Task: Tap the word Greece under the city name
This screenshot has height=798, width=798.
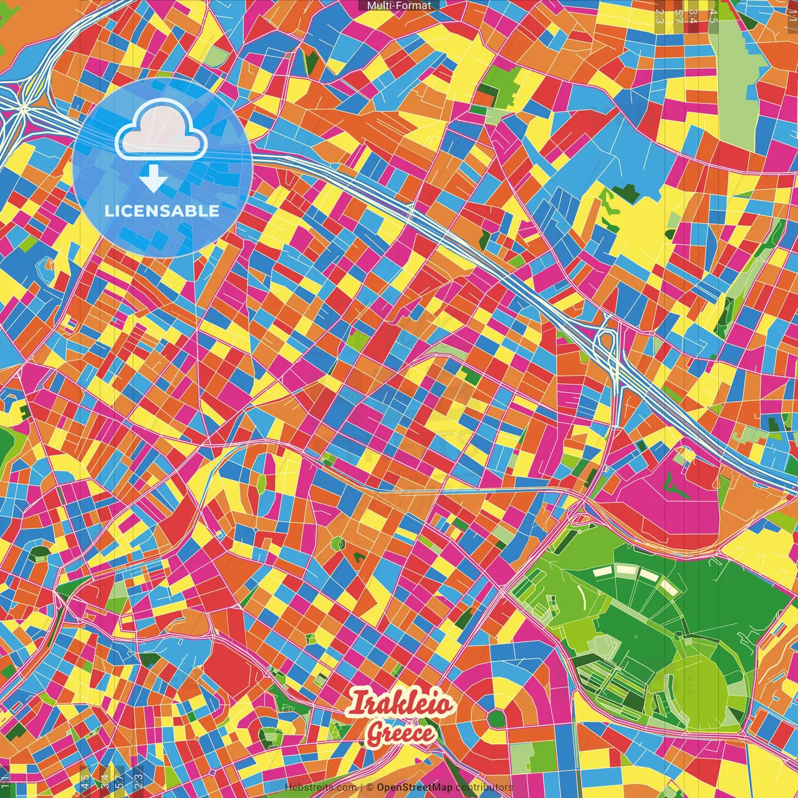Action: tap(400, 733)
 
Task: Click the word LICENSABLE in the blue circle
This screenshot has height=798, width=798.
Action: tap(162, 211)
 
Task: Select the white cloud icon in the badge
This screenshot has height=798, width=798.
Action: tap(161, 130)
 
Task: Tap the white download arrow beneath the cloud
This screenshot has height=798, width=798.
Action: tap(153, 178)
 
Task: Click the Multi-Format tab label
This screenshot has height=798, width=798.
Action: tap(399, 6)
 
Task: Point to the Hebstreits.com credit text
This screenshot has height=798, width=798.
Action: tap(320, 787)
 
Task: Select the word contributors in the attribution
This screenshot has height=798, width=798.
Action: tap(484, 787)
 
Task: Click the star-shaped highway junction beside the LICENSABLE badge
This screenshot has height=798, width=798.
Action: tap(24, 110)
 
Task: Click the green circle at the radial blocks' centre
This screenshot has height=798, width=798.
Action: tap(495, 718)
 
